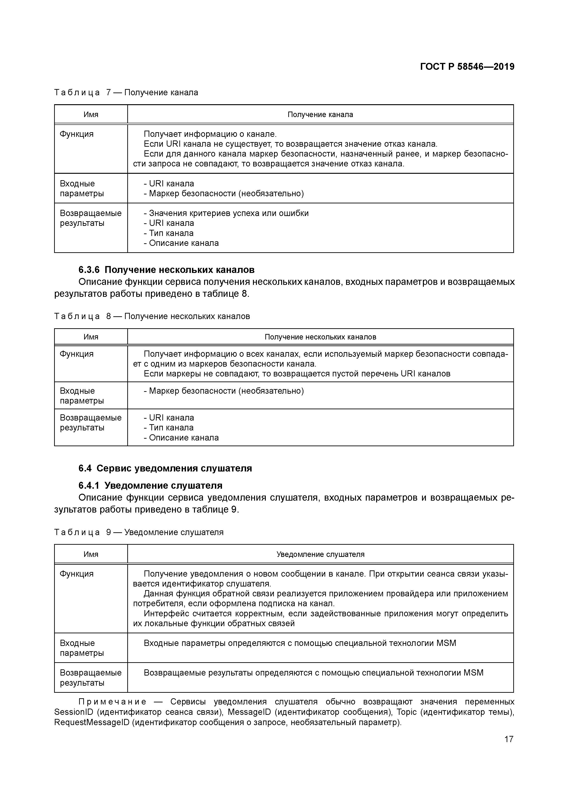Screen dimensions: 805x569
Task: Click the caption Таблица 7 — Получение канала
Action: click(x=126, y=93)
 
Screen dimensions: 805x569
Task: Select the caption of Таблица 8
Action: click(x=152, y=316)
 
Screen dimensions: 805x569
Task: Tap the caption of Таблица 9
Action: click(x=139, y=532)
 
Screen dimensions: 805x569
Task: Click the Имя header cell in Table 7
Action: click(x=91, y=115)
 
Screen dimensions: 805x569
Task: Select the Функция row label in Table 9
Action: click(x=77, y=574)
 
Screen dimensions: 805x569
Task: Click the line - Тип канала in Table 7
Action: click(x=169, y=233)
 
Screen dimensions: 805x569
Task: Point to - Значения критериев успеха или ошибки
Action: click(x=226, y=213)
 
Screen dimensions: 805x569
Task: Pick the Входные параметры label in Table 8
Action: click(x=82, y=395)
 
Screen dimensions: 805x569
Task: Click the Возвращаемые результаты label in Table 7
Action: click(x=90, y=218)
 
